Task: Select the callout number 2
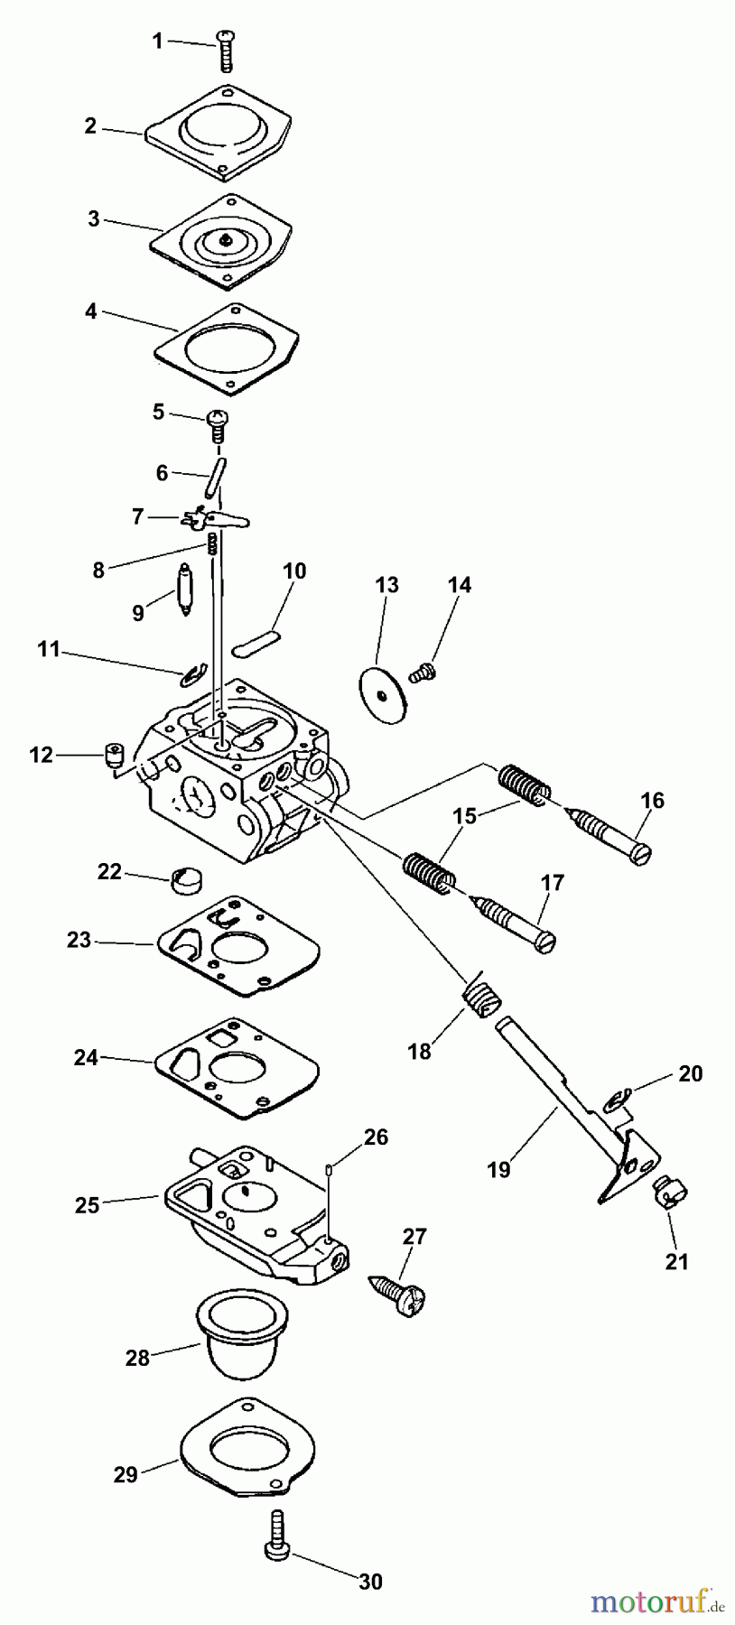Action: click(90, 126)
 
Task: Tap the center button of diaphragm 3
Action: click(222, 240)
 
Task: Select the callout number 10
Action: click(294, 571)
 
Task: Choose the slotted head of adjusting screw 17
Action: click(546, 942)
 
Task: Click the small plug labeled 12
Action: click(113, 754)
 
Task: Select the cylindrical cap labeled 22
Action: click(187, 879)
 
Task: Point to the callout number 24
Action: click(86, 1057)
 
